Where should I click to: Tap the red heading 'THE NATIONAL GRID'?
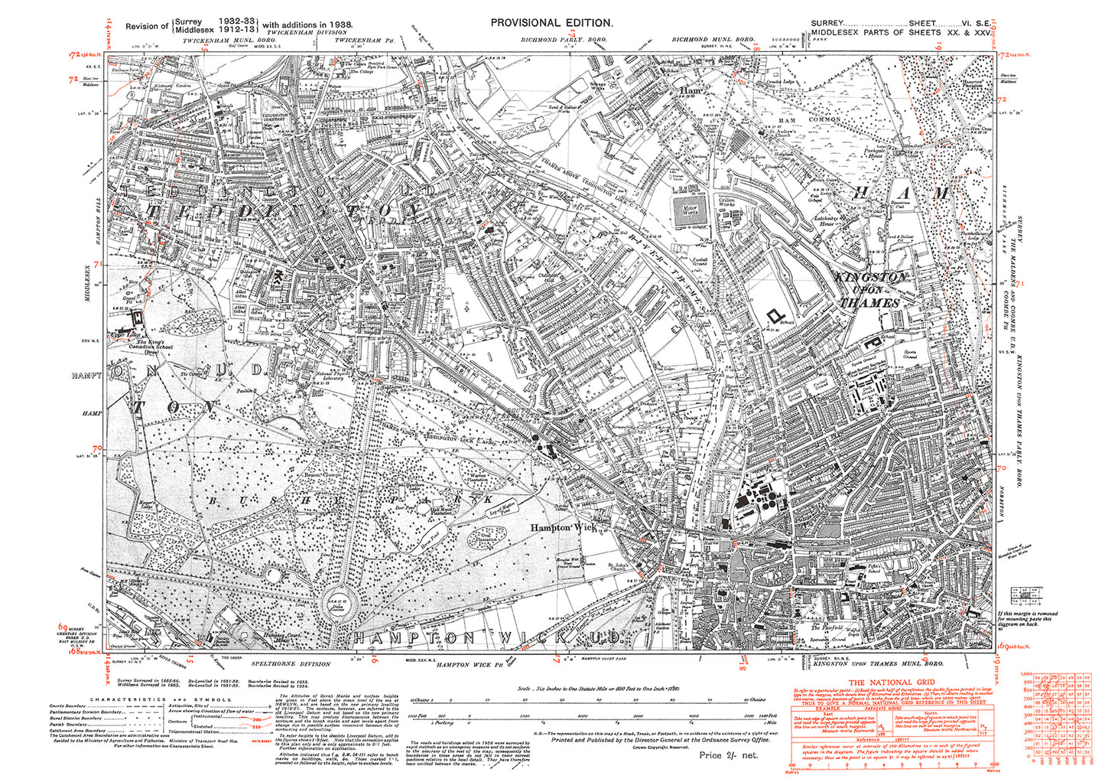coord(894,682)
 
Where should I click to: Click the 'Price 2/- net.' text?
coord(727,754)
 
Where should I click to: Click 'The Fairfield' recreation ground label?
coord(827,627)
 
